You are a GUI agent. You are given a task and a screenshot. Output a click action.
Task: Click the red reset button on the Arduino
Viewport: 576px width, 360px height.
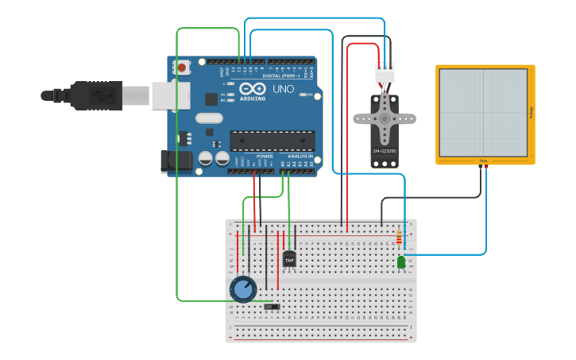[x=182, y=68]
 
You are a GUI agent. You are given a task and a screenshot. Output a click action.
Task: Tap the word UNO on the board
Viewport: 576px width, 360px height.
[x=284, y=90]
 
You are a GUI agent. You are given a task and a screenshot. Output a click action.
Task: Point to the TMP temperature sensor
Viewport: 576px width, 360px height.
[x=289, y=259]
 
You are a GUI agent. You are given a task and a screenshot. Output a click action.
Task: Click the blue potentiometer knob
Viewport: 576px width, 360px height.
[x=242, y=289]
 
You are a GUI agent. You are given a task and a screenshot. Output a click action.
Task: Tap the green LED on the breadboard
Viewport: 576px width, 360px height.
[x=401, y=261]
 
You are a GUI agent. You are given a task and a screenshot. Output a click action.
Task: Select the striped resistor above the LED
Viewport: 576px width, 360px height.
[x=398, y=237]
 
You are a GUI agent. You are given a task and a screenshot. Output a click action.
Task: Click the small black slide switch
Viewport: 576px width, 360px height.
[x=273, y=306]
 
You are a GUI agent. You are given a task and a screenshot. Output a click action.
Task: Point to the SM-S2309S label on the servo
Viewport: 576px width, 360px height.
[x=385, y=150]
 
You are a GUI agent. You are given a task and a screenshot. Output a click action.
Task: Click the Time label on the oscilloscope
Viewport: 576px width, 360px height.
[x=483, y=161]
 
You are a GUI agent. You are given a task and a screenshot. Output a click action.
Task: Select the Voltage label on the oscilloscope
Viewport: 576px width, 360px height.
[x=531, y=114]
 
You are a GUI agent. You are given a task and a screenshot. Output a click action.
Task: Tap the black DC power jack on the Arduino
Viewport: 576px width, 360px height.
[x=176, y=161]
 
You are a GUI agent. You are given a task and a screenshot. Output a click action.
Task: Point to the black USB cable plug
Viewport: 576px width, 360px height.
[x=95, y=95]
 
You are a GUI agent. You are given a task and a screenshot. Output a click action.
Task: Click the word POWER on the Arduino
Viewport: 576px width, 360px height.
[x=265, y=157]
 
